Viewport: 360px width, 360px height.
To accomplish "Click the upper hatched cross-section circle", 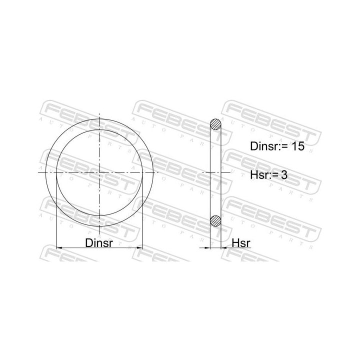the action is point(215,124).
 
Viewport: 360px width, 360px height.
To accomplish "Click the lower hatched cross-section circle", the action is point(215,220).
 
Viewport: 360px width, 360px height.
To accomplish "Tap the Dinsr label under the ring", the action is point(99,242).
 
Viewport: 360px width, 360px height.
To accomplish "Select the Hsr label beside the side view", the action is point(241,242).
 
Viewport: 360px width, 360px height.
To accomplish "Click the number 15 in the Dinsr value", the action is point(298,146).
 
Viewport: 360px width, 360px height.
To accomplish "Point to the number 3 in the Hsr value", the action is point(284,175).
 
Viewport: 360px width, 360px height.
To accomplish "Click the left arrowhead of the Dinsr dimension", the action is point(59,247).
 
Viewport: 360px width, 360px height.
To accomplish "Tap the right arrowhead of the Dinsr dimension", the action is point(139,247).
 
